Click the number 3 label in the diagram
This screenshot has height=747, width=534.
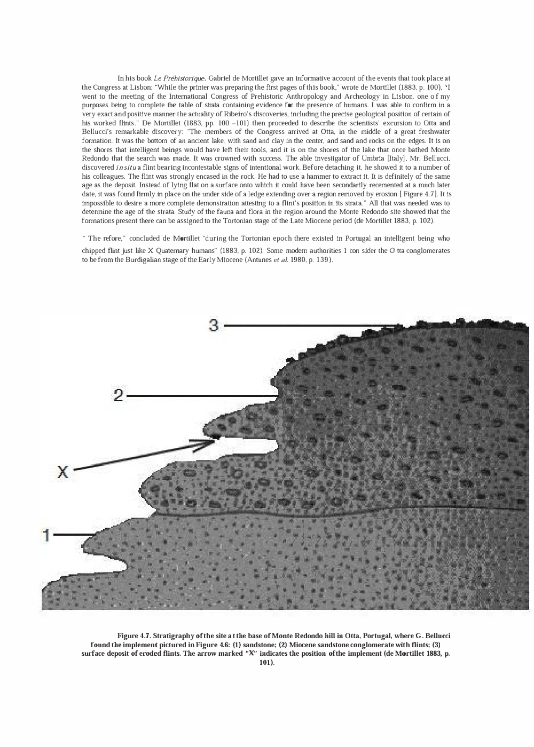point(214,325)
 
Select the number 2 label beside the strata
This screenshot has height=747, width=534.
point(119,395)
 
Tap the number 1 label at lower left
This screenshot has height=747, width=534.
point(47,535)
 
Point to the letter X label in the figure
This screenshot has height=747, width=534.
point(63,471)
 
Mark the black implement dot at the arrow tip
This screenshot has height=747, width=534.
point(216,437)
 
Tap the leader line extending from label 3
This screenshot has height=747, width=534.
point(310,325)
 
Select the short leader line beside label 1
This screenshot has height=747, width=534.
point(72,534)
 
